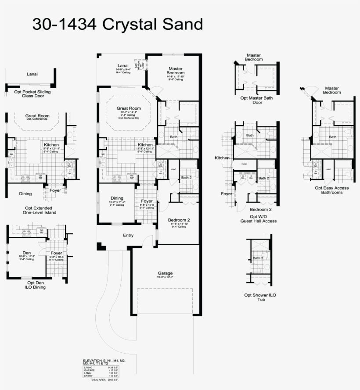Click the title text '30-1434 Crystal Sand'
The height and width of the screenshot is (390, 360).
pyautogui.click(x=117, y=25)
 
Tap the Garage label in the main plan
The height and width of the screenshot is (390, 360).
pyautogui.click(x=165, y=273)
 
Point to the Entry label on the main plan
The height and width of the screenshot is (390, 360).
pyautogui.click(x=128, y=236)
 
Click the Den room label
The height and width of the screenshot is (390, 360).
pyautogui.click(x=26, y=253)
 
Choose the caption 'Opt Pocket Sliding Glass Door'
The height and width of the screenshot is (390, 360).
pyautogui.click(x=32, y=93)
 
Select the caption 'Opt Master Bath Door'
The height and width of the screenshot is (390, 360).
pyautogui.click(x=256, y=100)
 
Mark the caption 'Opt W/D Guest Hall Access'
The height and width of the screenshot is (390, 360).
pyautogui.click(x=258, y=218)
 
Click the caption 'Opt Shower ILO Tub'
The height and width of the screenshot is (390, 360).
pyautogui.click(x=260, y=297)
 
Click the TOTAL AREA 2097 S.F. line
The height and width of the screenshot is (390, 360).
pyautogui.click(x=104, y=379)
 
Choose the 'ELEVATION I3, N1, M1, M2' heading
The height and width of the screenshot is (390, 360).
pyautogui.click(x=104, y=361)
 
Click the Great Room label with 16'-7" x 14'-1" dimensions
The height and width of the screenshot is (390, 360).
pyautogui.click(x=129, y=108)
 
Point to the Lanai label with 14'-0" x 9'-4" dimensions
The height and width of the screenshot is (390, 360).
pyautogui.click(x=123, y=66)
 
